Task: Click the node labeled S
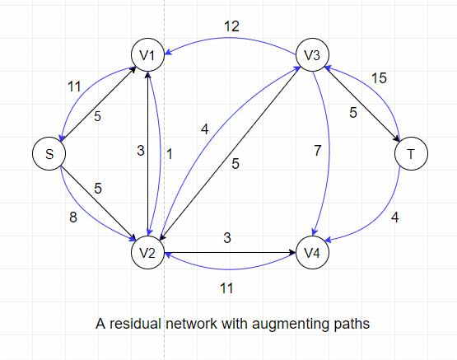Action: pyautogui.click(x=49, y=154)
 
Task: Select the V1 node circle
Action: pyautogui.click(x=147, y=55)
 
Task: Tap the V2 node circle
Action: pyautogui.click(x=147, y=252)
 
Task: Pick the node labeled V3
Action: pyautogui.click(x=312, y=55)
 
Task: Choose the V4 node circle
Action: pyautogui.click(x=312, y=252)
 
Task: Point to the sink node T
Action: pyautogui.click(x=411, y=154)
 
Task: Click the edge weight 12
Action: pyautogui.click(x=231, y=27)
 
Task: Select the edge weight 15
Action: pyautogui.click(x=378, y=79)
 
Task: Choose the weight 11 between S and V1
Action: pyautogui.click(x=74, y=86)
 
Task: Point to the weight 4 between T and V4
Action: pyautogui.click(x=394, y=219)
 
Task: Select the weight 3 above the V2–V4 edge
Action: pyautogui.click(x=227, y=237)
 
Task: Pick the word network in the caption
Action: pyautogui.click(x=192, y=325)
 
